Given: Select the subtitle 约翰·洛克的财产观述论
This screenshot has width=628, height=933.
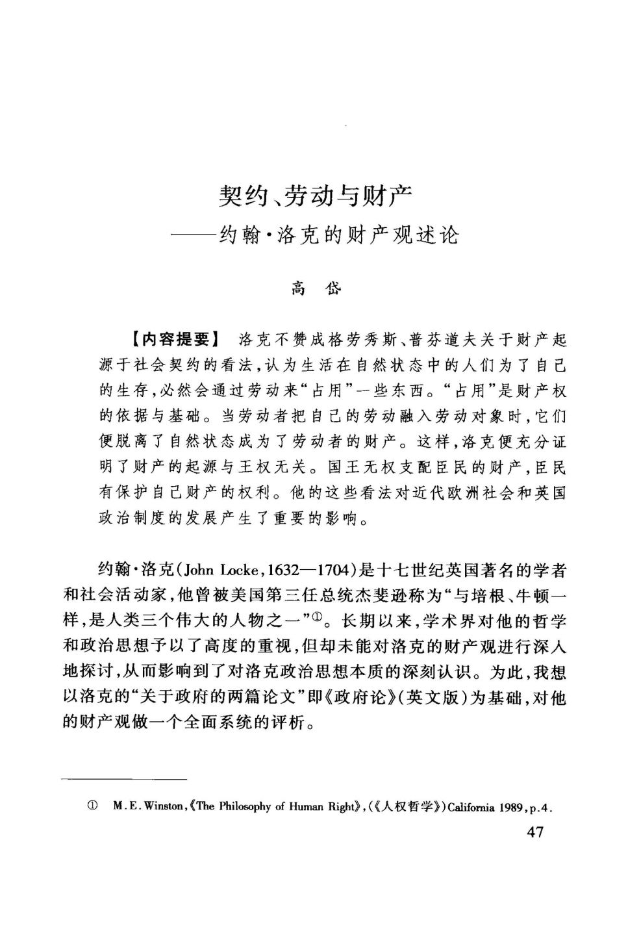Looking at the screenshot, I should (x=339, y=235).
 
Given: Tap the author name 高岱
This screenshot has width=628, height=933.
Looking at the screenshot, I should (x=316, y=288).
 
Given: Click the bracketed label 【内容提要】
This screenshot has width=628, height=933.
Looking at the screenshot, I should (x=174, y=339).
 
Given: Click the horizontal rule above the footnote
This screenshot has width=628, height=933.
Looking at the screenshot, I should (x=124, y=778).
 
